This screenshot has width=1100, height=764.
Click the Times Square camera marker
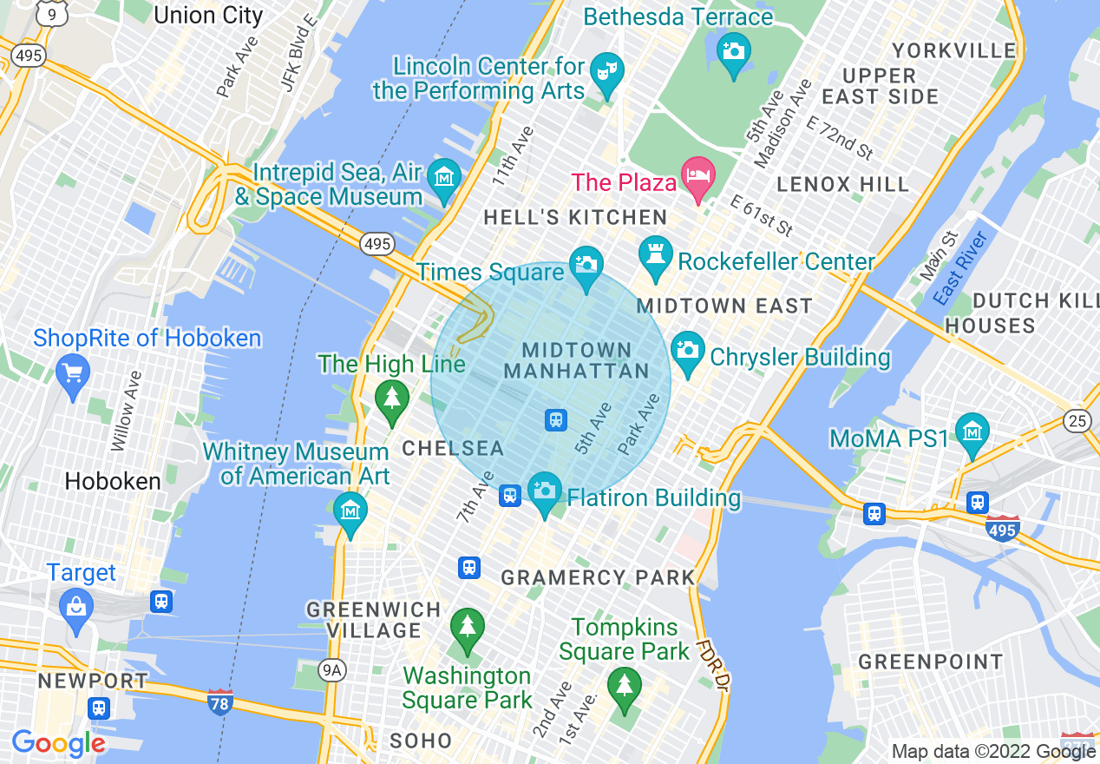pos(586,263)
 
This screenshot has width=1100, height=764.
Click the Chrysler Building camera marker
pos(688,350)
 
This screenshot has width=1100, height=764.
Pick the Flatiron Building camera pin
pos(545,491)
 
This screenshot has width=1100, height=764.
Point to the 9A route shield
pos(331,669)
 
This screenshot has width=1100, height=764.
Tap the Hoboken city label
pos(113,481)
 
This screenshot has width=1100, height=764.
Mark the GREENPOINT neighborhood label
pos(931,662)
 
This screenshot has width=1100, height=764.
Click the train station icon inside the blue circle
pos(556,420)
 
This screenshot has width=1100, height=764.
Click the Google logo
pos(58,744)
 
